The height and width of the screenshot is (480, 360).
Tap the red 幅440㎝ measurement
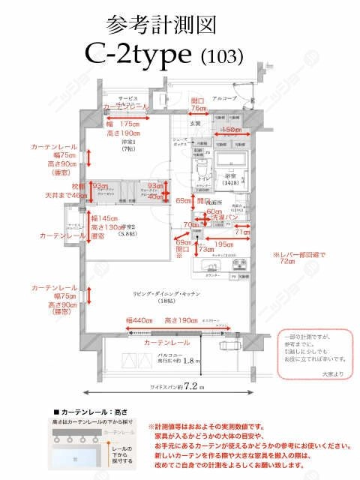pyautogui.click(x=139, y=321)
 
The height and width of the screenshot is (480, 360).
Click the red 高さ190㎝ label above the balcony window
pyautogui.click(x=180, y=321)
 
